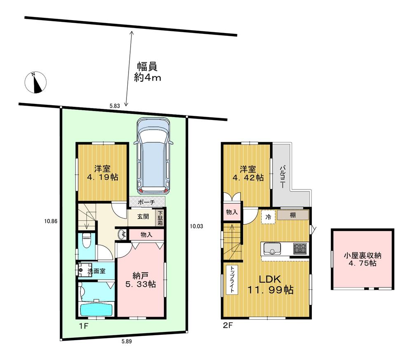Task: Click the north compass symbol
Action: click(36, 82)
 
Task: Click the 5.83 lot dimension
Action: click(115, 106)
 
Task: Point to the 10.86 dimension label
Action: click(51, 221)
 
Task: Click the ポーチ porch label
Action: click(147, 202)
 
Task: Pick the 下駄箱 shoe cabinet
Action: click(160, 217)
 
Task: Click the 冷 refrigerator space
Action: click(268, 216)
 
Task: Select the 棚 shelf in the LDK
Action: click(293, 215)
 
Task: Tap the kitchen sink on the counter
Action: click(272, 249)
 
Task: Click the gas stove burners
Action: click(300, 249)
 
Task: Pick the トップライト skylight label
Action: click(232, 280)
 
